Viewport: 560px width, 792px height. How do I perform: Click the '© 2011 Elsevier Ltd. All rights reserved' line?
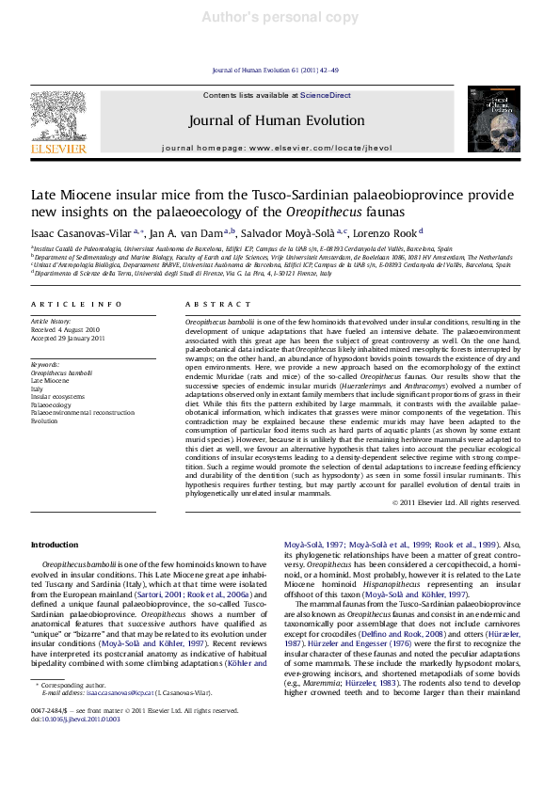click(456, 503)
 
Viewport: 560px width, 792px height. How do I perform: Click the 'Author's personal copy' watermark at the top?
click(280, 18)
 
